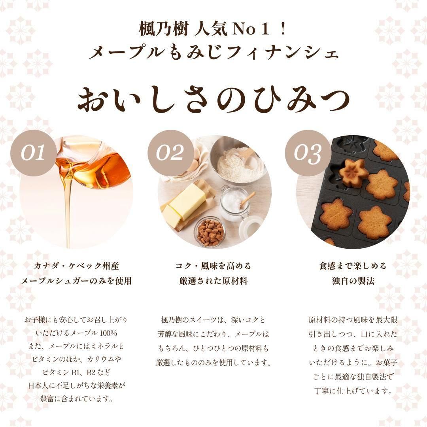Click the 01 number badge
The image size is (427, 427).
pyautogui.click(x=34, y=153)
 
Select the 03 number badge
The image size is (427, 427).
pyautogui.click(x=308, y=153)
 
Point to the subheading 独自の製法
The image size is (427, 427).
pyautogui.click(x=353, y=281)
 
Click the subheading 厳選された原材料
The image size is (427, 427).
pyautogui.click(x=213, y=281)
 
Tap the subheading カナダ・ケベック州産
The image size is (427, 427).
pyautogui.click(x=76, y=266)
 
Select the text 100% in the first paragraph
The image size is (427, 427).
pyautogui.click(x=108, y=333)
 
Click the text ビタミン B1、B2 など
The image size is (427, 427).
pyautogui.click(x=76, y=372)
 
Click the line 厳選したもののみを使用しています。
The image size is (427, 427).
pyautogui.click(x=214, y=362)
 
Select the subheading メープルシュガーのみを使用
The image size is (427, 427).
pyautogui.click(x=76, y=281)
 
